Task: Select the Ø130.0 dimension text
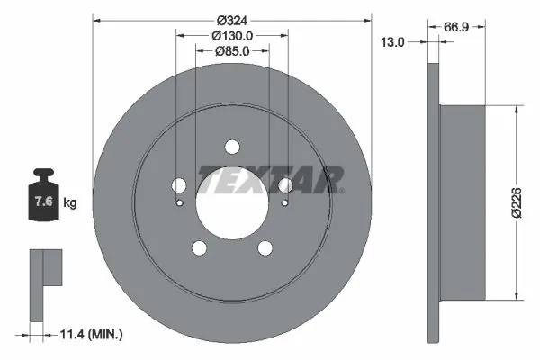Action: [232, 35]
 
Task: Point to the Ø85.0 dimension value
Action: [232, 51]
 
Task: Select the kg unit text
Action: [70, 203]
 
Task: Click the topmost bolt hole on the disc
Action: [232, 148]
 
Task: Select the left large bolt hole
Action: [179, 186]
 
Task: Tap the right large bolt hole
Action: [285, 186]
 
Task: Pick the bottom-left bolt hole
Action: [200, 249]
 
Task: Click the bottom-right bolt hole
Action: [265, 249]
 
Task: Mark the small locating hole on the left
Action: [180, 202]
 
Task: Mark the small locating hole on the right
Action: [284, 202]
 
